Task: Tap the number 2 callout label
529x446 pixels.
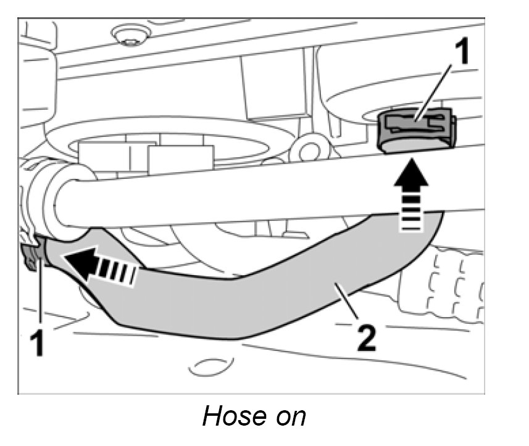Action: (x=366, y=337)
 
